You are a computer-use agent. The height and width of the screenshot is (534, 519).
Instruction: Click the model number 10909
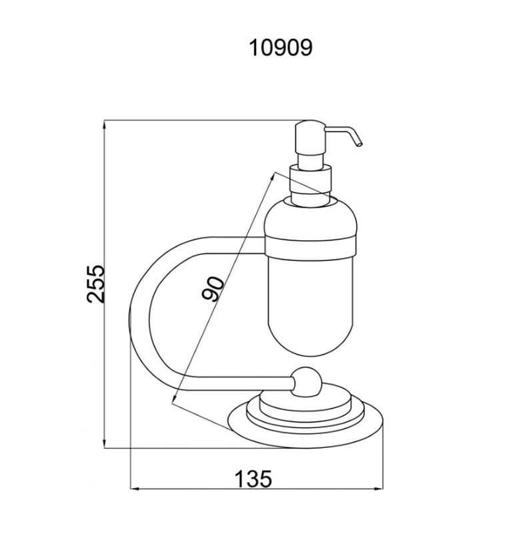click(281, 47)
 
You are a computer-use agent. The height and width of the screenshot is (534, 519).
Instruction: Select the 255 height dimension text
click(95, 284)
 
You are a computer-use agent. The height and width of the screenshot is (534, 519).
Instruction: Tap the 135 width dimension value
click(253, 479)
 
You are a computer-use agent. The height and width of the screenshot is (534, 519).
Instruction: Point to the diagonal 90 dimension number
click(213, 289)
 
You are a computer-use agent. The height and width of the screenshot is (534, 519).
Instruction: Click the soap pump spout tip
click(360, 144)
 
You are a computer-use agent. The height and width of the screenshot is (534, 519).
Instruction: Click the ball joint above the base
click(306, 382)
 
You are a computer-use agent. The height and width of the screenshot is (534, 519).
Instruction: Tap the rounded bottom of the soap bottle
click(310, 337)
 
